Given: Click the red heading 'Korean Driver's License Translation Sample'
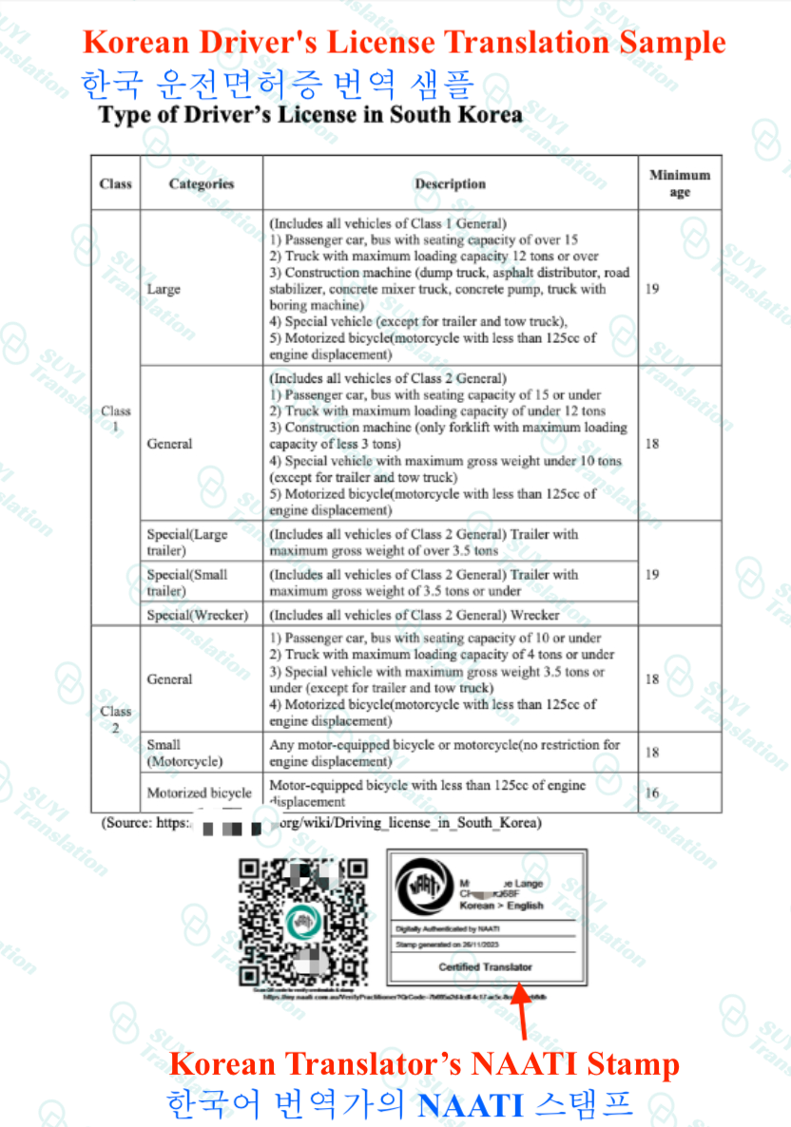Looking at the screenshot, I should [404, 43].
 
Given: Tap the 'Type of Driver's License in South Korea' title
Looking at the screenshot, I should [310, 115].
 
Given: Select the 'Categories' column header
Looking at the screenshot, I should [201, 183].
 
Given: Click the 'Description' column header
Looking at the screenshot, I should [450, 183].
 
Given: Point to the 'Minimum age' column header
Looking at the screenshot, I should [680, 183].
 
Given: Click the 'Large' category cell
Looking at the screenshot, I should [164, 289].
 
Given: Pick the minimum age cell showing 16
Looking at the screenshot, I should [652, 793].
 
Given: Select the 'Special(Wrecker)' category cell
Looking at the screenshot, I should [197, 615].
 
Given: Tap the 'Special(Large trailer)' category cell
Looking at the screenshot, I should [187, 542].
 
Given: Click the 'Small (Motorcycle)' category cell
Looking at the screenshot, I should [184, 753].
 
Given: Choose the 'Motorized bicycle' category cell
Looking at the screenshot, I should [199, 793].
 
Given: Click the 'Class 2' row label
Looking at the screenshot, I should [115, 718].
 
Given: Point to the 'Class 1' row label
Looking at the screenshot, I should [115, 419].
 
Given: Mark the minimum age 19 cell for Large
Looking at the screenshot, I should [652, 289].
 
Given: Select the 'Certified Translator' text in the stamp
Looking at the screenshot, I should [485, 966].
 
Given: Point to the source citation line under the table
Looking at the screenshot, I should [321, 822].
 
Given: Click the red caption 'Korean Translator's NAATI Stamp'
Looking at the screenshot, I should [424, 1063].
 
